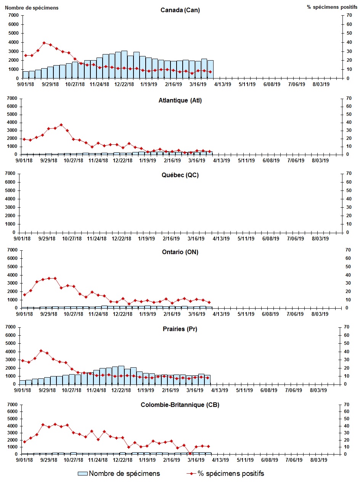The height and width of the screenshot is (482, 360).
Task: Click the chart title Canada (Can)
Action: (x=180, y=10)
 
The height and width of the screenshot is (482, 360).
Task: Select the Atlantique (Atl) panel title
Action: (x=180, y=101)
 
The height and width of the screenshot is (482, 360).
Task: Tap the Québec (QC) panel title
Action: (x=180, y=175)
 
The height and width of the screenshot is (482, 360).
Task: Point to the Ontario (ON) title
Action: (x=180, y=252)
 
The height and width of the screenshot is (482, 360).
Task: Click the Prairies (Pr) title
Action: (x=180, y=329)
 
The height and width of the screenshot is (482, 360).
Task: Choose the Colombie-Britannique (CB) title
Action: (x=180, y=405)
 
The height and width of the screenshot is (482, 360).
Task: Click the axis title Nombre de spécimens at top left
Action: (x=32, y=8)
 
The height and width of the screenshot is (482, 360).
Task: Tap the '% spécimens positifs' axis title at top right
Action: (x=332, y=7)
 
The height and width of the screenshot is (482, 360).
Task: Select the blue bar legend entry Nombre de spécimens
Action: (x=119, y=474)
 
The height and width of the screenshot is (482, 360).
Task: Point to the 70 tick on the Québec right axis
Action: (x=347, y=174)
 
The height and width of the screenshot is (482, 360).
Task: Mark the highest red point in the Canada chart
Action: (x=44, y=43)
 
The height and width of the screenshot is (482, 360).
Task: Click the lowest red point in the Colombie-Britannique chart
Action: (x=190, y=453)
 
